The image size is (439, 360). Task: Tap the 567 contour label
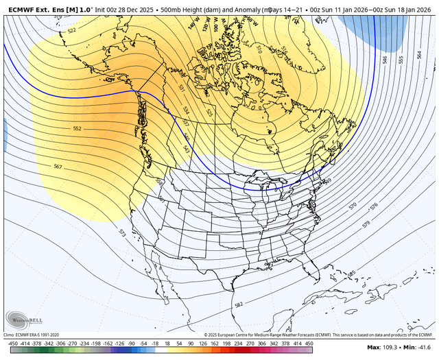(x=58, y=167)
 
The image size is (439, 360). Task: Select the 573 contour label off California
(x=123, y=233)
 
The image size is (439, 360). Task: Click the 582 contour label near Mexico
(x=239, y=304)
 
